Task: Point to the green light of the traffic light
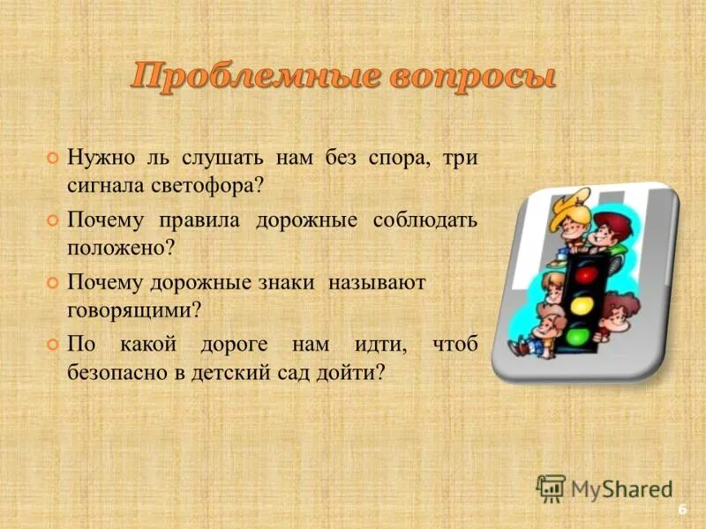(578, 336)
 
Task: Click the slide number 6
(681, 510)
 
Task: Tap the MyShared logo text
(621, 488)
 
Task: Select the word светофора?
(206, 186)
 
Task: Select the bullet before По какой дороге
(52, 345)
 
